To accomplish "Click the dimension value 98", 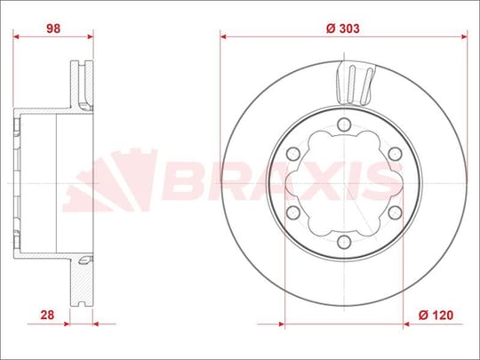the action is click(x=53, y=28).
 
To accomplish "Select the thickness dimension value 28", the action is click(x=47, y=315).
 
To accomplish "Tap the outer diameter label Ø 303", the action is click(x=343, y=28).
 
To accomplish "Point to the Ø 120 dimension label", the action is click(x=436, y=315).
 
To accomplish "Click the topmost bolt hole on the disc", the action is click(x=344, y=124).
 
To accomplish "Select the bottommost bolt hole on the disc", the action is click(x=344, y=242).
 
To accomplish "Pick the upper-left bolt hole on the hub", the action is click(x=293, y=154).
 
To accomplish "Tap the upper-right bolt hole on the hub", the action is click(x=395, y=154).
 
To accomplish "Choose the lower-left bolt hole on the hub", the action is click(x=293, y=212).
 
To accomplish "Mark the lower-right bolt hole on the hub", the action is click(x=395, y=212).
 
